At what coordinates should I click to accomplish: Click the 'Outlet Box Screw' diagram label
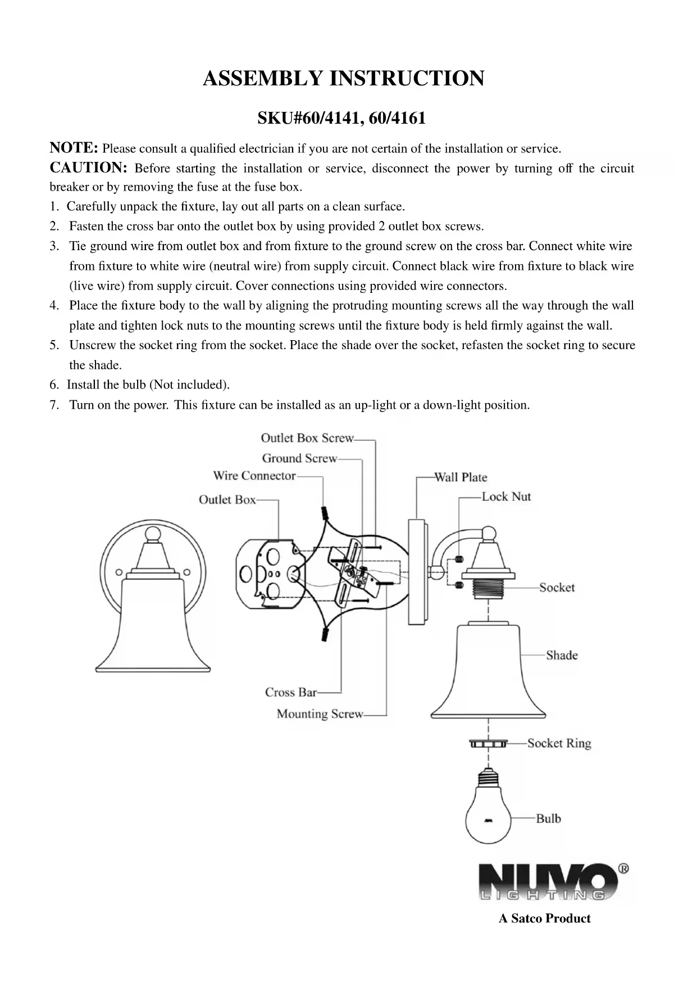tap(307, 438)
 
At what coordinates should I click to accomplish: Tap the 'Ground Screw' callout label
tap(299, 458)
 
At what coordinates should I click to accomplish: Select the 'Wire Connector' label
tap(254, 476)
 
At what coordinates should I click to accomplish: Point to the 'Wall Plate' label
tap(461, 477)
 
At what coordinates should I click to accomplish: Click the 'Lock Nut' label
tap(506, 496)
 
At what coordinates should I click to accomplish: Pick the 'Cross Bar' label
tap(291, 692)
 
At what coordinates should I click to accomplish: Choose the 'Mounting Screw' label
tap(320, 714)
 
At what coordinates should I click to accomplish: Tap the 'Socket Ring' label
tap(559, 743)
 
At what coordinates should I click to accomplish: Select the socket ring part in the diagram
tap(488, 744)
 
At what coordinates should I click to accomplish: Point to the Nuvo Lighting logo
tap(553, 882)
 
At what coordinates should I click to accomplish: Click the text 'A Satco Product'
tap(544, 919)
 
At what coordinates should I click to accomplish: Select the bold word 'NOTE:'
tap(74, 148)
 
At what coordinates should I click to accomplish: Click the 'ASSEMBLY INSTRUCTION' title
tap(343, 78)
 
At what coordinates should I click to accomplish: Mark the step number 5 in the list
tap(54, 345)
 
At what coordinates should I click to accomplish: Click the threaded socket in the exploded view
tap(488, 587)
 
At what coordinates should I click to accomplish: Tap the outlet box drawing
tap(271, 575)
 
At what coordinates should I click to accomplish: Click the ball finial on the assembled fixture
tap(153, 533)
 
